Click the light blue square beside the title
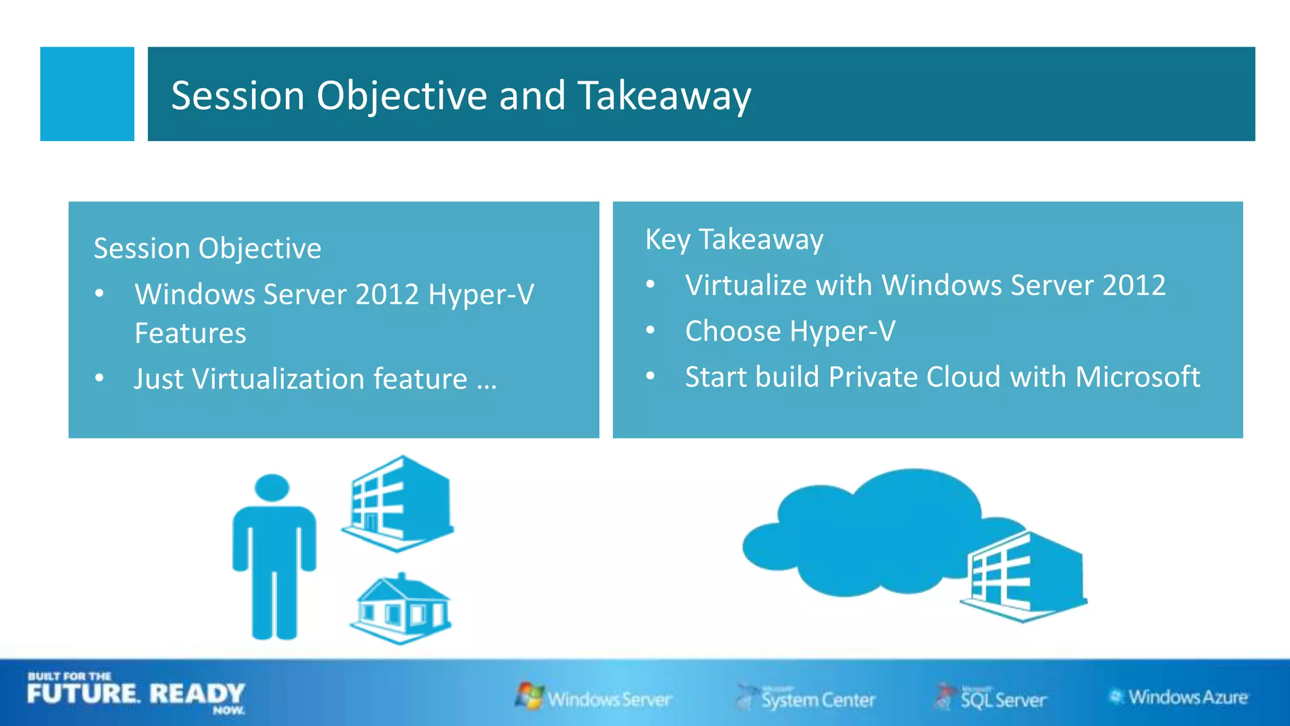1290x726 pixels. tap(87, 94)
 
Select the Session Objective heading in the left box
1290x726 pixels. tap(207, 248)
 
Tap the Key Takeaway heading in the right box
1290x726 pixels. tap(734, 239)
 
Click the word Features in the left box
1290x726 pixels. tap(190, 333)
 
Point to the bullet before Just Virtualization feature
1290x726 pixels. tap(100, 378)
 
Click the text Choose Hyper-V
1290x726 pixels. tap(790, 331)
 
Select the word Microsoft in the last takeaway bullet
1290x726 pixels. tap(1138, 377)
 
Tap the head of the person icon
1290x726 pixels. tap(272, 488)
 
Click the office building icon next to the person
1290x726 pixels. tap(399, 503)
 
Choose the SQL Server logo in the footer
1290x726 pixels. tap(991, 698)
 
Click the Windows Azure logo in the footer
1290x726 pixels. tap(1178, 697)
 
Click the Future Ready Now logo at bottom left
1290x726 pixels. tap(135, 694)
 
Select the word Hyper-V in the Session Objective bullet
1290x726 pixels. tap(481, 295)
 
